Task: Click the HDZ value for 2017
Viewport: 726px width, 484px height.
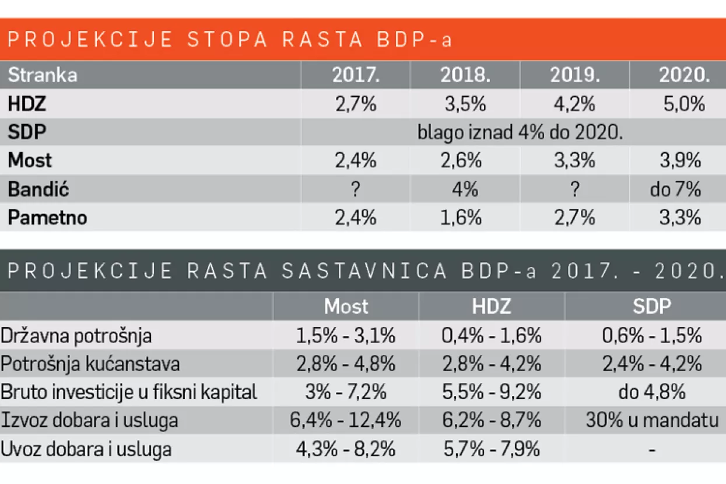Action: [355, 104]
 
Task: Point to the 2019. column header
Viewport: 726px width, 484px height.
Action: [574, 75]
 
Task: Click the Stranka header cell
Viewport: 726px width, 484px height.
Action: [43, 75]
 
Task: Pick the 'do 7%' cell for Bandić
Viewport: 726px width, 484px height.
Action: [676, 190]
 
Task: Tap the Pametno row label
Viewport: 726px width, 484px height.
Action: [47, 218]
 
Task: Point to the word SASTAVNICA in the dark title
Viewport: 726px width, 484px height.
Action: [362, 271]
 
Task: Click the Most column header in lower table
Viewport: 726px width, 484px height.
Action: [346, 306]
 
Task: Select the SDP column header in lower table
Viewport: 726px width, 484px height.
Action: [651, 306]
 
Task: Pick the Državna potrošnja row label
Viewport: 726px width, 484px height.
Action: [76, 335]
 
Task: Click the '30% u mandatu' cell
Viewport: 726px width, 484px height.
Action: [651, 420]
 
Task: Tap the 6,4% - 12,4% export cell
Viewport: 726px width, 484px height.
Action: [346, 420]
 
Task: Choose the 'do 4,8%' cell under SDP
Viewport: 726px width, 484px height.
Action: [651, 392]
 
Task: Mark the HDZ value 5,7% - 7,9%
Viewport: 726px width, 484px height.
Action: [491, 449]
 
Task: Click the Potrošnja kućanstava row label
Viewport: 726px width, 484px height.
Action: [90, 364]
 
